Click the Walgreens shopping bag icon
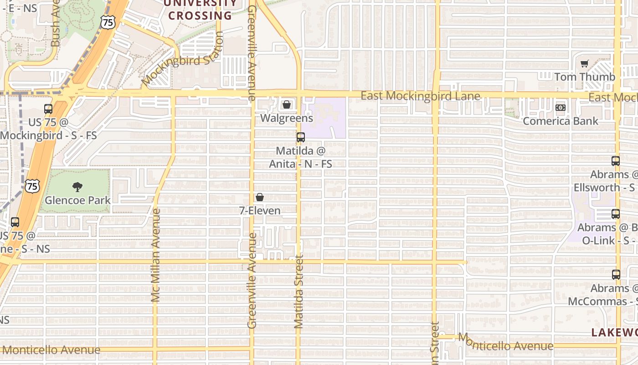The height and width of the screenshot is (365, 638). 287,105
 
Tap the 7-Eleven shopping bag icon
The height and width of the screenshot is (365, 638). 260,197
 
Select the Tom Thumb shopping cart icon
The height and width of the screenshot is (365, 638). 585,64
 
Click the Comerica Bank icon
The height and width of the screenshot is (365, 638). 561,108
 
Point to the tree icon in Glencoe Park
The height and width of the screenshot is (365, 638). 77,186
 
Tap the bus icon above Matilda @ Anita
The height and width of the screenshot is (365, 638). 300,137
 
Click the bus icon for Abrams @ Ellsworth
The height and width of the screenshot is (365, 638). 616,161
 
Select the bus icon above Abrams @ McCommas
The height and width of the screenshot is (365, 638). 616,274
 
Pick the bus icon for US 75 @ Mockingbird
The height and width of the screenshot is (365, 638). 48,109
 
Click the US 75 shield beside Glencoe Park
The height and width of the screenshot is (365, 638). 32,186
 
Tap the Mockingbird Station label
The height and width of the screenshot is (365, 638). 182,58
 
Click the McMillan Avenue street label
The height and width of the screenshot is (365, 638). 156,255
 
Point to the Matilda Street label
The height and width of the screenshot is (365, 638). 299,292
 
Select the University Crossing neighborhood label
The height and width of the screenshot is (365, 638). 201,10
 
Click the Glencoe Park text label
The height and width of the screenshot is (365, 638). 77,200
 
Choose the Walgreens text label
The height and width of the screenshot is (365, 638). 287,118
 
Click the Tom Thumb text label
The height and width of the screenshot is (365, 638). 585,77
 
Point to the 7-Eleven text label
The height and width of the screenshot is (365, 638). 260,210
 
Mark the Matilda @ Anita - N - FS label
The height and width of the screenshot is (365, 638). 300,157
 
